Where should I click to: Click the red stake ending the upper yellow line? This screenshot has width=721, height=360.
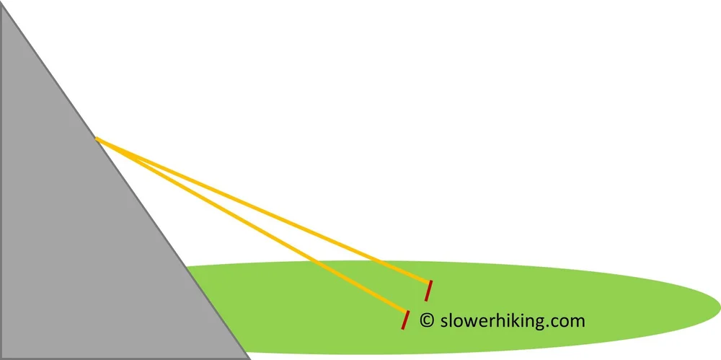point(428,290)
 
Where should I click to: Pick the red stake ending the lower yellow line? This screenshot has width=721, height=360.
point(405,320)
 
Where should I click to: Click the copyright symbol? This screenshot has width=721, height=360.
point(426,320)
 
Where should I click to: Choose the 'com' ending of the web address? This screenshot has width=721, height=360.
point(569,321)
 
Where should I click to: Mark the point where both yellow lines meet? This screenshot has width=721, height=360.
point(97,138)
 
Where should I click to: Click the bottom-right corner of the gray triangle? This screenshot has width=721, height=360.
point(249,358)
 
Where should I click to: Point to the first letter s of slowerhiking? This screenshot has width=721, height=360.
point(443,321)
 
